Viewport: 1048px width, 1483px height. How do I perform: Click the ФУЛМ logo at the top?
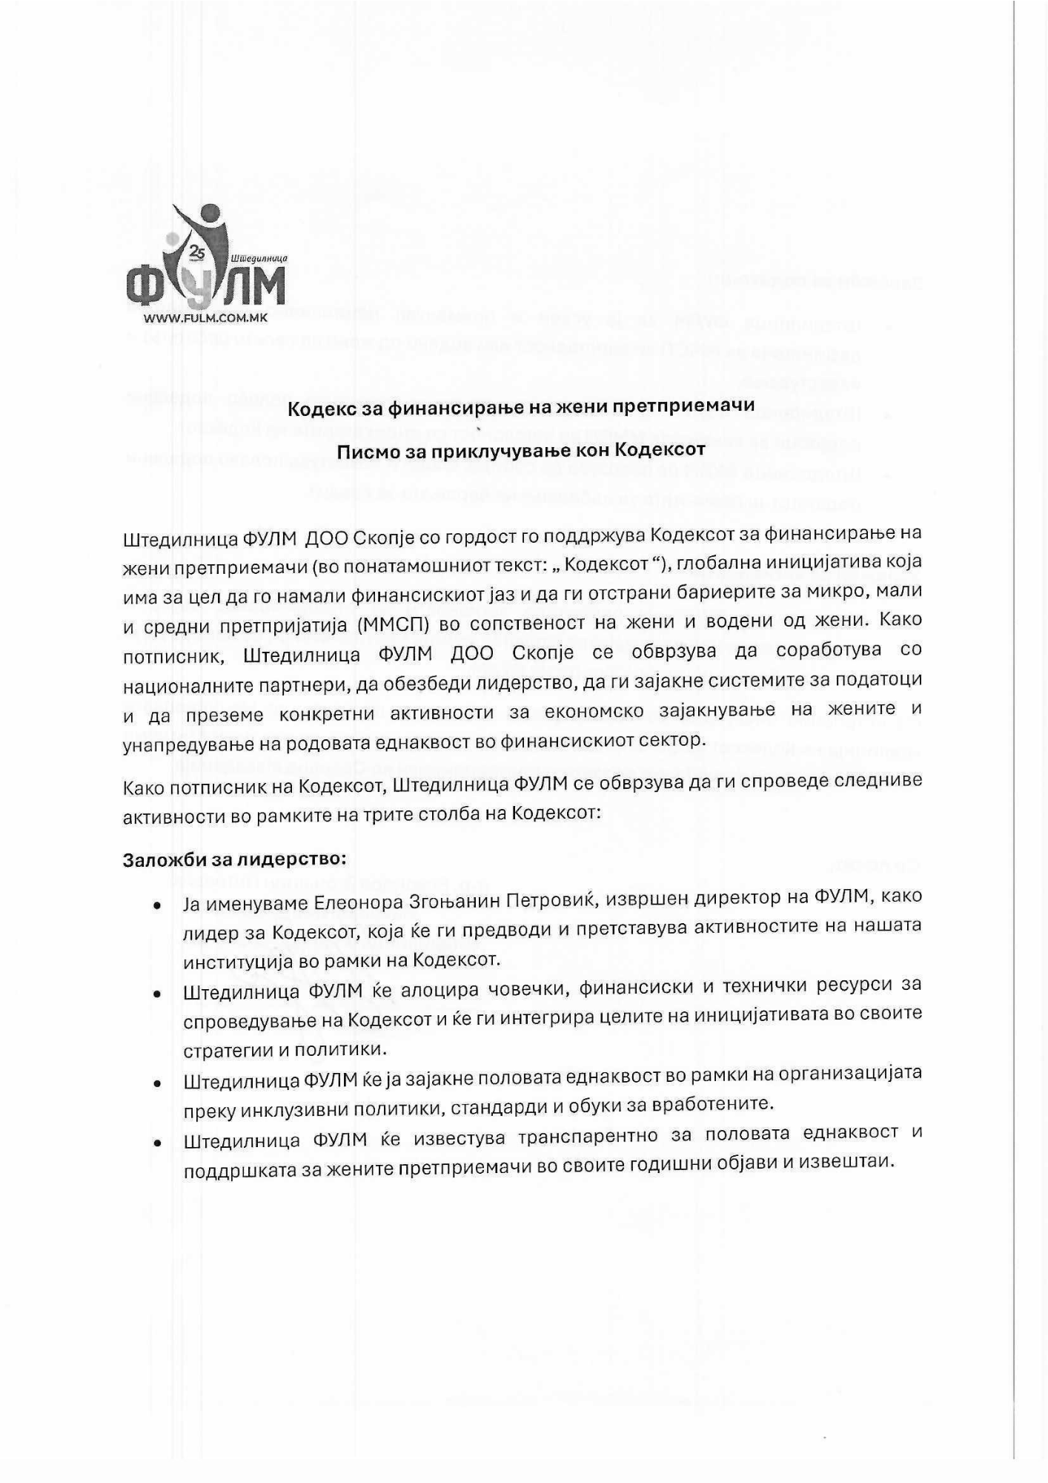click(x=205, y=260)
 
